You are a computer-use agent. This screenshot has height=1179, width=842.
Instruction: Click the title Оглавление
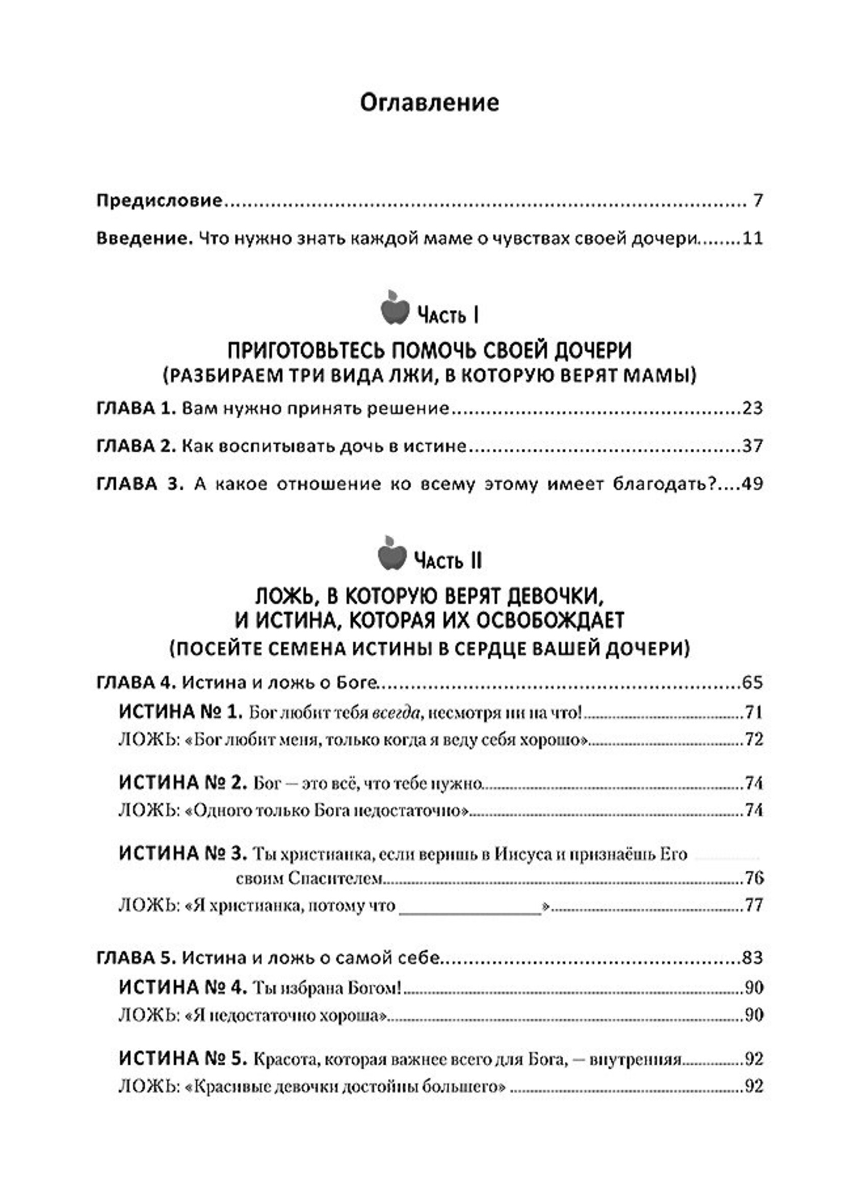(429, 102)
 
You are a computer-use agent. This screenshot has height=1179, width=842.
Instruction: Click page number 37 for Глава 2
(752, 446)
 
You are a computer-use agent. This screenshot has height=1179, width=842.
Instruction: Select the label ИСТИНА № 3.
(182, 853)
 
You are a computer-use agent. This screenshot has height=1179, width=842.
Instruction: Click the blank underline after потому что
(469, 907)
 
